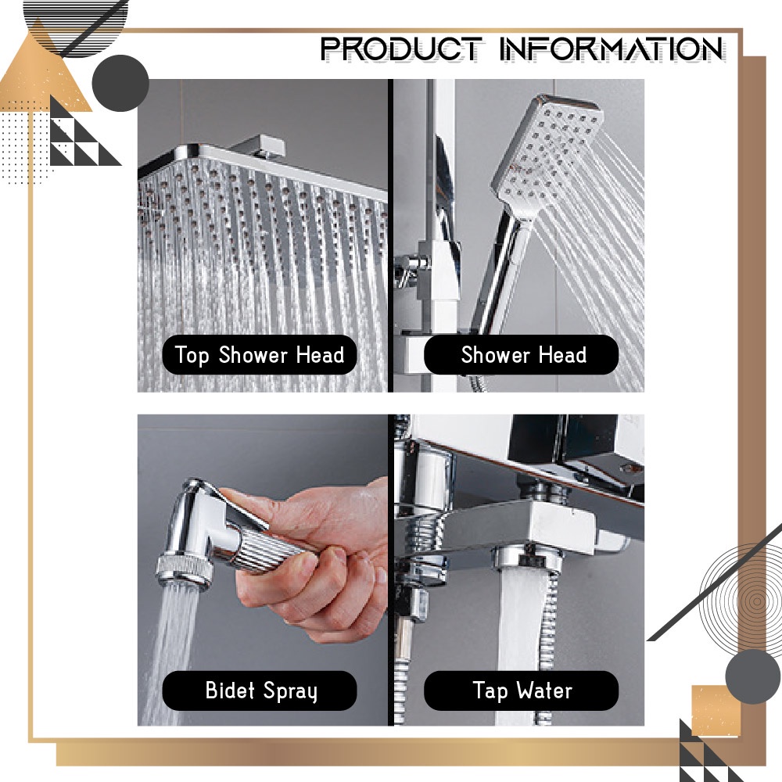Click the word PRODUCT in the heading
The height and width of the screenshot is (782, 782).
[401, 48]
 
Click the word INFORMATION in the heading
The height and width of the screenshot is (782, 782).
[612, 48]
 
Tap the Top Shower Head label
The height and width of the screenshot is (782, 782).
[260, 354]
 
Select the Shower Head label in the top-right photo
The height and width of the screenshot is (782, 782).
[521, 354]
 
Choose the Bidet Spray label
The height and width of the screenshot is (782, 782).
[260, 691]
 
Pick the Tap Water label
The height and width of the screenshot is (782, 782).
[521, 691]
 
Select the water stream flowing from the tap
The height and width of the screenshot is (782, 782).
[518, 644]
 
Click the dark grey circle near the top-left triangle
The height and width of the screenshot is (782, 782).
[120, 84]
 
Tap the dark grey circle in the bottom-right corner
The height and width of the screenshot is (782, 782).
[753, 676]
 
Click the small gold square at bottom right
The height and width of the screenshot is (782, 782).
[716, 711]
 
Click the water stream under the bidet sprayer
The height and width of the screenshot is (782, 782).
[172, 653]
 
